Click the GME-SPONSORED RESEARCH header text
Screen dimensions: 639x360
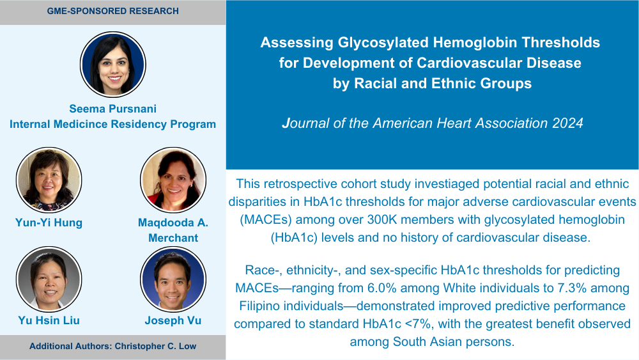pyautogui.click(x=113, y=11)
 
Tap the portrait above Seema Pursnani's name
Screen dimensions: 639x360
pyautogui.click(x=113, y=65)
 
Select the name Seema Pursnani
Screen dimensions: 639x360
pyautogui.click(x=113, y=109)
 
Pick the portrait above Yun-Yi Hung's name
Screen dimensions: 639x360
pyautogui.click(x=49, y=180)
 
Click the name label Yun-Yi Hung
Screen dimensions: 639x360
pyautogui.click(x=49, y=223)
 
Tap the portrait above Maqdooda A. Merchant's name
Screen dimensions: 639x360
pyautogui.click(x=173, y=180)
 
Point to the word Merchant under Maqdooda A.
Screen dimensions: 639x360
pyautogui.click(x=173, y=238)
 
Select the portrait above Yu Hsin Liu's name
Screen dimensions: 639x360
pyautogui.click(x=49, y=279)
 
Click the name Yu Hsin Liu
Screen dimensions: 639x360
pyautogui.click(x=49, y=320)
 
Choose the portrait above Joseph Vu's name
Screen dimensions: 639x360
pyautogui.click(x=173, y=279)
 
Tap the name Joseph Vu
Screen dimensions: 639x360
pyautogui.click(x=173, y=320)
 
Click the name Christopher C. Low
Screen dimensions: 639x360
pyautogui.click(x=156, y=346)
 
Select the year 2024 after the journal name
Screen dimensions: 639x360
pyautogui.click(x=567, y=123)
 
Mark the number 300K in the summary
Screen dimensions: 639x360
pyautogui.click(x=381, y=220)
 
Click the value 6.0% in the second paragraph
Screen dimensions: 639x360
pyautogui.click(x=382, y=288)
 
